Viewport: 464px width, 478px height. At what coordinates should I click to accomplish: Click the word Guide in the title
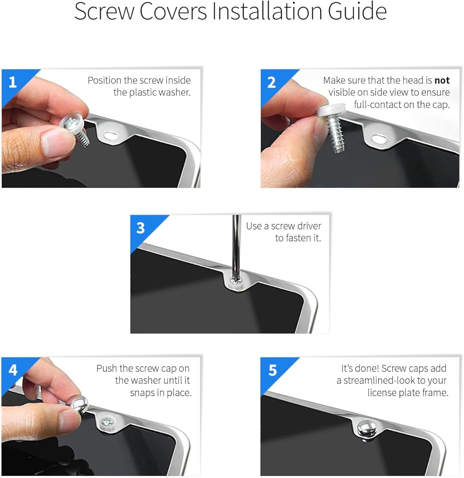click(357, 11)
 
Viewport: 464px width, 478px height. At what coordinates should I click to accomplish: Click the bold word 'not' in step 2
click(442, 80)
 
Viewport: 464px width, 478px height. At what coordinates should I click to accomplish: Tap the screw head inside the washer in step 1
click(71, 123)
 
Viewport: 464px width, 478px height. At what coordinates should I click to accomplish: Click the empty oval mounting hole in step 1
click(111, 135)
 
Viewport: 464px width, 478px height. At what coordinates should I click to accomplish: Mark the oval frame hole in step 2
click(379, 139)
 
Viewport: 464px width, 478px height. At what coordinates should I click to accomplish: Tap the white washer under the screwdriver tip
click(236, 283)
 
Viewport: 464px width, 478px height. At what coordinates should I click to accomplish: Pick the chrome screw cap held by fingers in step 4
click(80, 404)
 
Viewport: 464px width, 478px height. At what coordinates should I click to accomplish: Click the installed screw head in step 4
click(107, 422)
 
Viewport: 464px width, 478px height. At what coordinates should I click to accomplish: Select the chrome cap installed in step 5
click(367, 427)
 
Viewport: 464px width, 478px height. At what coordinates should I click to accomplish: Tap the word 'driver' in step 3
click(309, 226)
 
